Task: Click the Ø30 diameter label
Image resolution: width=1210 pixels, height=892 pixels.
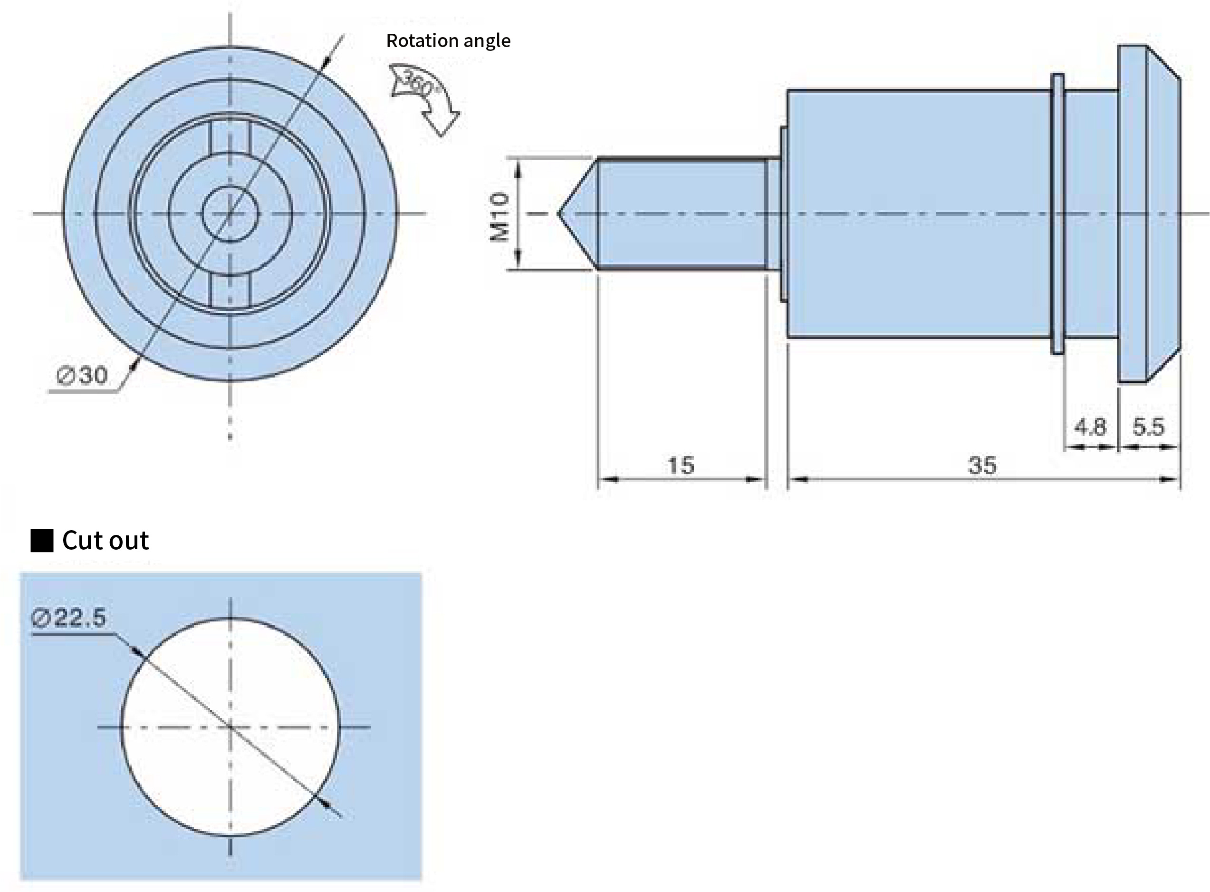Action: (83, 375)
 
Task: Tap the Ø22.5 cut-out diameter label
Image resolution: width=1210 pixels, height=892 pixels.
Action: (69, 618)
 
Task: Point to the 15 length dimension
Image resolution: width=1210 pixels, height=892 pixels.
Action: (681, 465)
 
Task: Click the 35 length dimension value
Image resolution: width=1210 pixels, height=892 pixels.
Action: (982, 465)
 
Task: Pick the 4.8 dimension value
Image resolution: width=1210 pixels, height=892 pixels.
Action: (1090, 427)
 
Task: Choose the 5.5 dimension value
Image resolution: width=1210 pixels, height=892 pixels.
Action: (1148, 427)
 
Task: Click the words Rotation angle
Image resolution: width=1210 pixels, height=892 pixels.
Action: (448, 41)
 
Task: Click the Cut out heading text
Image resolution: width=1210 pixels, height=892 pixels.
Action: (105, 541)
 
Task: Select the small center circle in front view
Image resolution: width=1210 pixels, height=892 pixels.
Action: (230, 214)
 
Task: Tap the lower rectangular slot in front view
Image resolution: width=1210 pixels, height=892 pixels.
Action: (230, 291)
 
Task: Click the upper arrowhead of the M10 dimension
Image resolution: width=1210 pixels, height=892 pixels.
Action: (518, 170)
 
